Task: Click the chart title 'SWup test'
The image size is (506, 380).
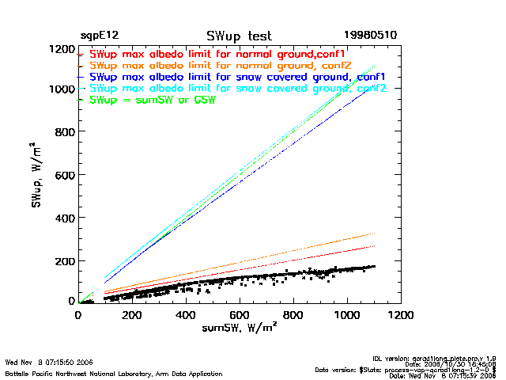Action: [x=239, y=36]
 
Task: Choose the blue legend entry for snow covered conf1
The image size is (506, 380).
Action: [x=237, y=77]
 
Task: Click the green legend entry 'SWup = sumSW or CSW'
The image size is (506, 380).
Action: [x=153, y=100]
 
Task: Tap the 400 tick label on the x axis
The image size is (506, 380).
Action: [x=186, y=315]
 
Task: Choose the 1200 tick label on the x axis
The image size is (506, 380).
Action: [x=401, y=315]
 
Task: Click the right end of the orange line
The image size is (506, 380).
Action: [x=374, y=234]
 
